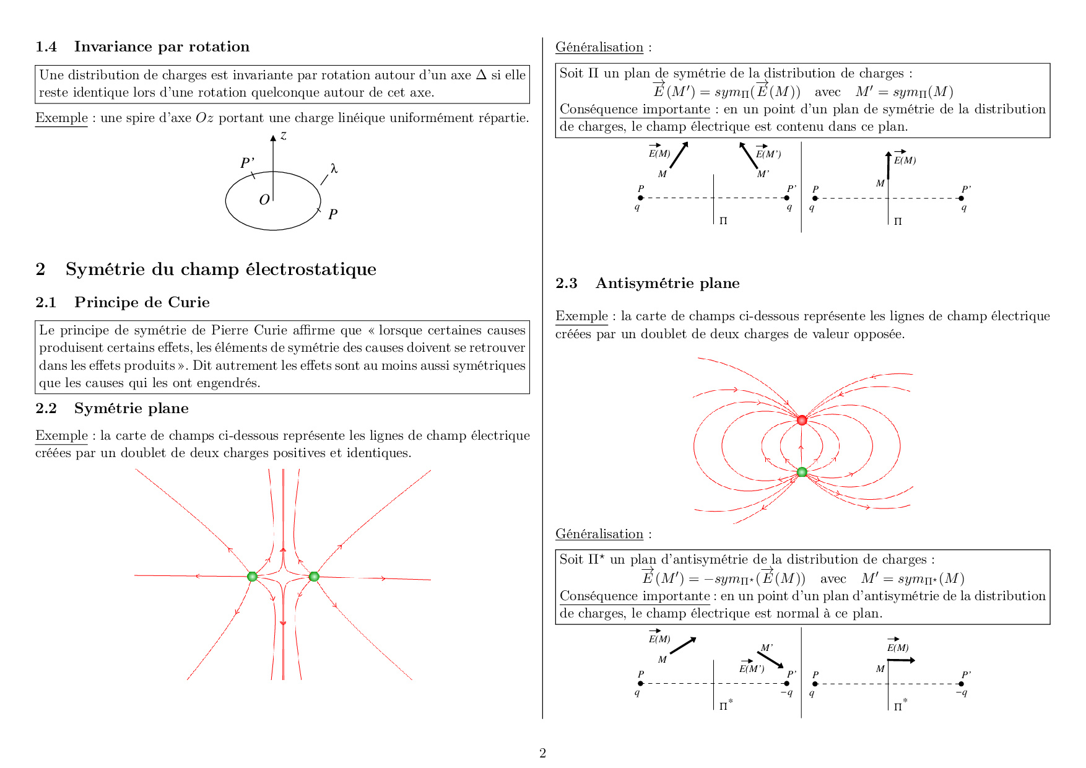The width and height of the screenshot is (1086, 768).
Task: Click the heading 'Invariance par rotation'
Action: click(x=162, y=46)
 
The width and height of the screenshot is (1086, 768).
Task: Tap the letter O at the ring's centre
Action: click(x=264, y=200)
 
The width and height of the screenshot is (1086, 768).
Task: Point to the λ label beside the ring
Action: click(x=334, y=168)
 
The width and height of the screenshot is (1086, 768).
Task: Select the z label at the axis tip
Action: click(x=284, y=136)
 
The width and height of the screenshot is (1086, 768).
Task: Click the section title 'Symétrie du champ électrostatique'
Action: click(x=220, y=269)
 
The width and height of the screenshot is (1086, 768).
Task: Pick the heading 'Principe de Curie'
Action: click(x=142, y=302)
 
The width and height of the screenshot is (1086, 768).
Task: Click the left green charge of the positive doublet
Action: click(x=252, y=577)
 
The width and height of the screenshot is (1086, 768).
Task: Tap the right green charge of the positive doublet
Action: click(x=314, y=577)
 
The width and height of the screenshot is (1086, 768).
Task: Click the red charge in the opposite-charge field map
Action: click(x=802, y=421)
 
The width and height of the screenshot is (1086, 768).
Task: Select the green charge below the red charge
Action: click(x=802, y=472)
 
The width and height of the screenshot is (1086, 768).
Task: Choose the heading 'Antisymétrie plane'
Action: click(x=667, y=283)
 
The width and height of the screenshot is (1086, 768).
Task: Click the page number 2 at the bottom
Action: click(x=542, y=753)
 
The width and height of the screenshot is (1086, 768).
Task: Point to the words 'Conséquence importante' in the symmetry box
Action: click(x=635, y=110)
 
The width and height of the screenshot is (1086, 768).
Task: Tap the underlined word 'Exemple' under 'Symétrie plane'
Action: click(x=61, y=435)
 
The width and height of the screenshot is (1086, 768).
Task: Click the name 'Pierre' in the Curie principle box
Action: click(x=230, y=330)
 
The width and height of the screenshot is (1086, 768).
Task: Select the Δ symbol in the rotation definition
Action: click(x=481, y=75)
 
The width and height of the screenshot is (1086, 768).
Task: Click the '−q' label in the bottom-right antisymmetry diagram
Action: click(x=961, y=692)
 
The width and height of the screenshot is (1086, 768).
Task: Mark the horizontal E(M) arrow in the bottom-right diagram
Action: click(x=901, y=660)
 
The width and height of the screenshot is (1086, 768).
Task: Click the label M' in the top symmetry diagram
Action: click(x=763, y=174)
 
